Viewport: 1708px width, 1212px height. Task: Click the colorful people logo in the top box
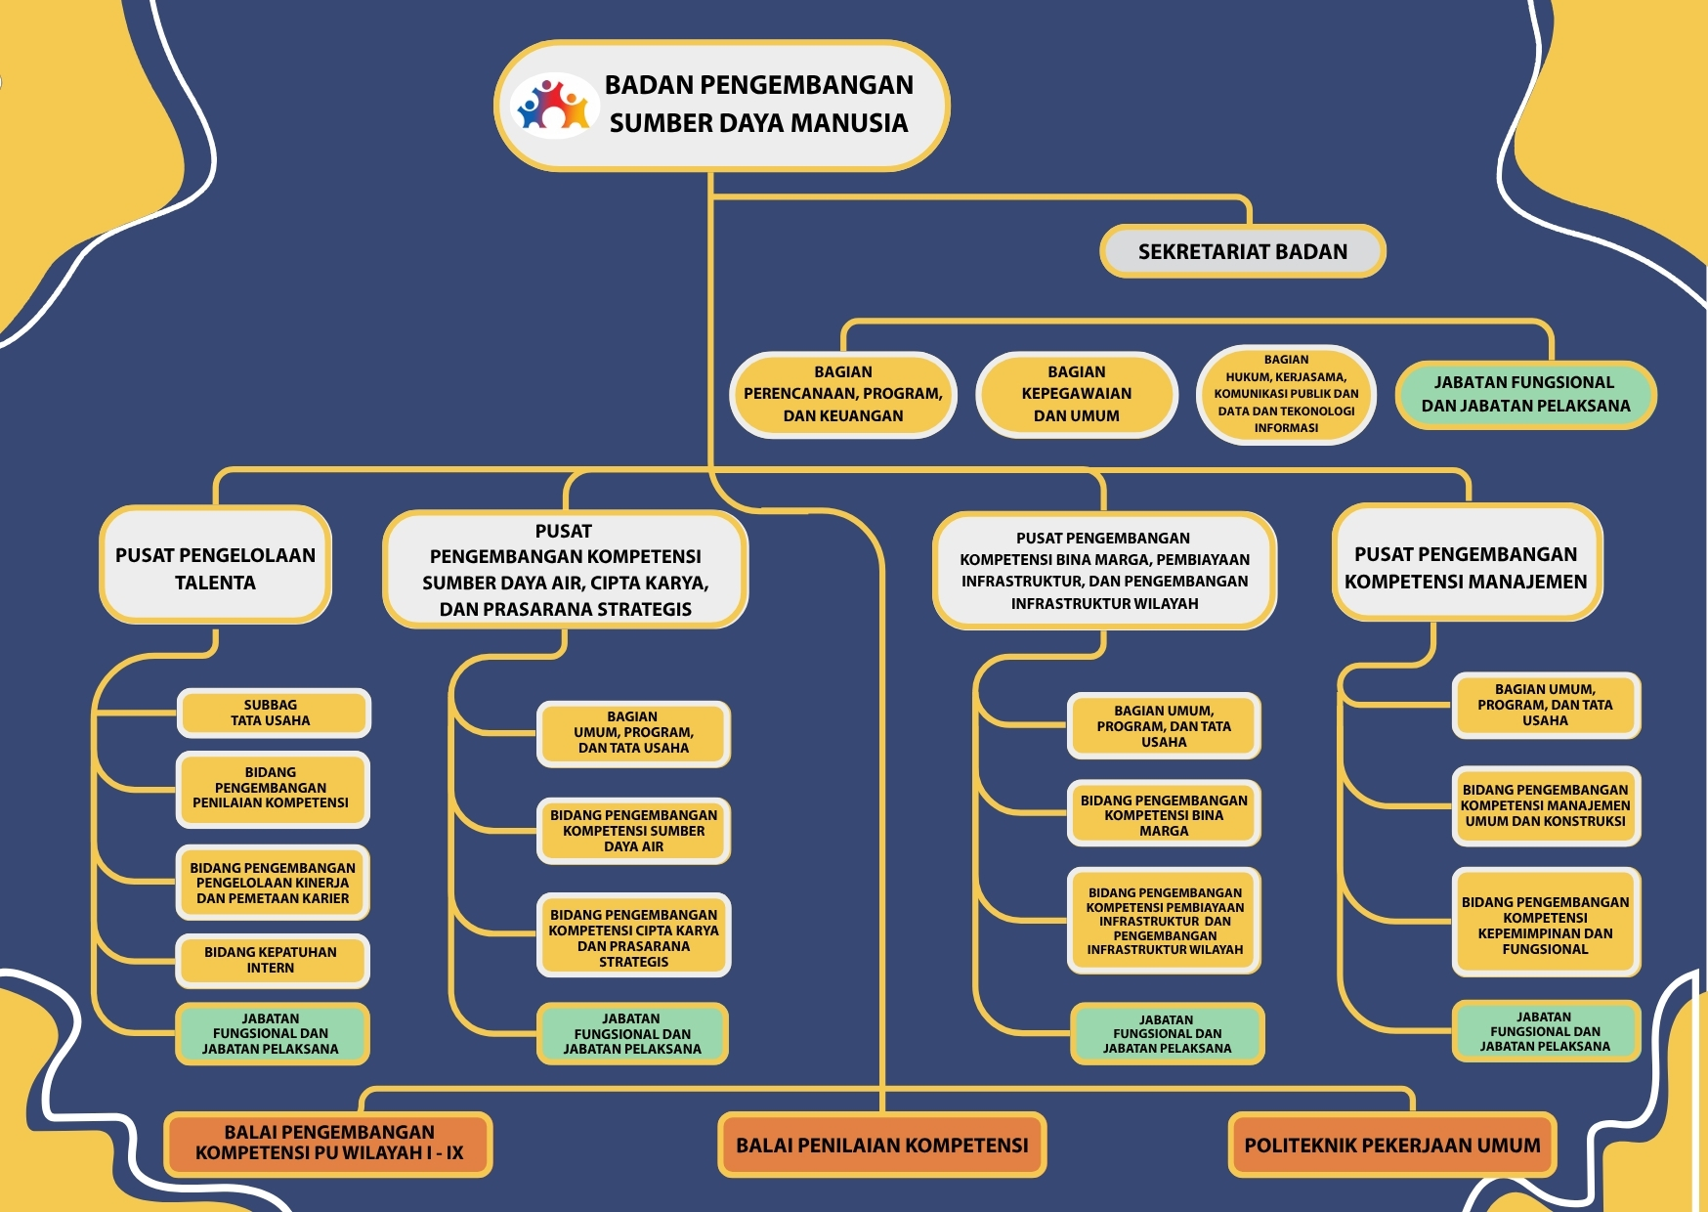[554, 105]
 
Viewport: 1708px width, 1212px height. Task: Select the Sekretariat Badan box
[1242, 251]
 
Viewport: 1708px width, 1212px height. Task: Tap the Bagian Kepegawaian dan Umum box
[1077, 394]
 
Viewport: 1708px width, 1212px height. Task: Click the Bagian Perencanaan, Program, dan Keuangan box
[842, 394]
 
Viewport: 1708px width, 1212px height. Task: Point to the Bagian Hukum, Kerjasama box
[1286, 394]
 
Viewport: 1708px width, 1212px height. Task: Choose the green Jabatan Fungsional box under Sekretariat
[1525, 394]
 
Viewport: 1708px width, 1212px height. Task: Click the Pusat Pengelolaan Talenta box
[215, 568]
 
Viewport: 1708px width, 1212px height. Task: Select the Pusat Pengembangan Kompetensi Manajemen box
[1466, 567]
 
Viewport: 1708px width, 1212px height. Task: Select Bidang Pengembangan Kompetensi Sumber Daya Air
[633, 831]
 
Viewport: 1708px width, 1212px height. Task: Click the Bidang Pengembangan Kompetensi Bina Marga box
[1164, 814]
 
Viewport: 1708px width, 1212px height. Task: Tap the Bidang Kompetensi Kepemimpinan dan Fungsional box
[1545, 925]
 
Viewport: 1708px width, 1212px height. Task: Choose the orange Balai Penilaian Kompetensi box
[881, 1145]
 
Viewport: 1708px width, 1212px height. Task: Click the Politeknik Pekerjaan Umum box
[1391, 1145]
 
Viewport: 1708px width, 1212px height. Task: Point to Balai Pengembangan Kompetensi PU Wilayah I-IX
[328, 1143]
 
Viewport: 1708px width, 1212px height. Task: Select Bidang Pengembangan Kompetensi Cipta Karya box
[633, 937]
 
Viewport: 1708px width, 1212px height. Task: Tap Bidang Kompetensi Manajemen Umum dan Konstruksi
[1545, 805]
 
